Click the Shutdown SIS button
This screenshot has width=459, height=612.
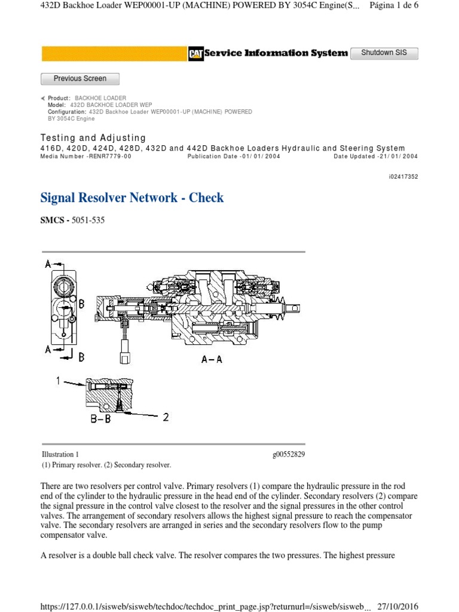point(384,53)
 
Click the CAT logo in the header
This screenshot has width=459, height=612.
point(195,54)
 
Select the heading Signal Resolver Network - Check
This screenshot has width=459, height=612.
point(131,198)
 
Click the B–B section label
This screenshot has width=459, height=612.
point(101,420)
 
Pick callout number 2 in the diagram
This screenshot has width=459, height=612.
point(166,417)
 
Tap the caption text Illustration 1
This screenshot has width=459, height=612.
point(60,455)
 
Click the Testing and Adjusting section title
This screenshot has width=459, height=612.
point(93,138)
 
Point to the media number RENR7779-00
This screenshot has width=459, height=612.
point(85,157)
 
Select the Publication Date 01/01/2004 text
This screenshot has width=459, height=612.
point(233,157)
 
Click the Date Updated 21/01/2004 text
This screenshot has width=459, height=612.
point(375,157)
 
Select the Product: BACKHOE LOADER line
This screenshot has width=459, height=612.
point(87,98)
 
